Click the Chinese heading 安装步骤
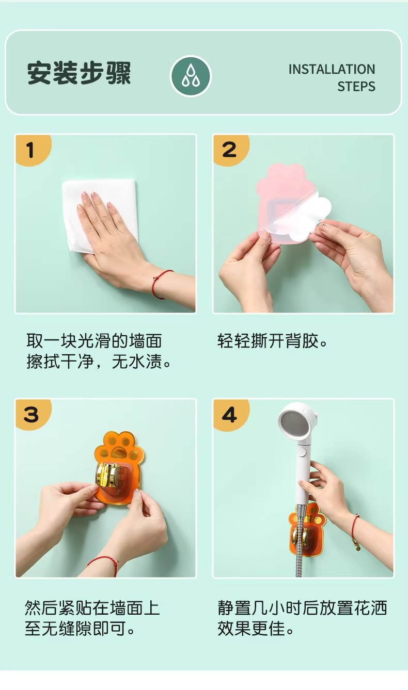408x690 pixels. point(79,73)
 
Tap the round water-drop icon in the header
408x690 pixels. point(191,76)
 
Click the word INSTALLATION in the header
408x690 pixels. point(332,69)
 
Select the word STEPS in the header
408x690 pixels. point(356,87)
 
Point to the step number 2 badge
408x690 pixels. point(230,150)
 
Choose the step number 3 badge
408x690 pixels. point(32,415)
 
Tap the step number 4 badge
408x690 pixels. point(230,415)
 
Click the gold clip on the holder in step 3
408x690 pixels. point(108,475)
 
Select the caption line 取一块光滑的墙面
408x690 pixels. point(94,341)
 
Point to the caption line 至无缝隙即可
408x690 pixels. point(80,629)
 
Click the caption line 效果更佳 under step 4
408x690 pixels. point(256,629)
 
